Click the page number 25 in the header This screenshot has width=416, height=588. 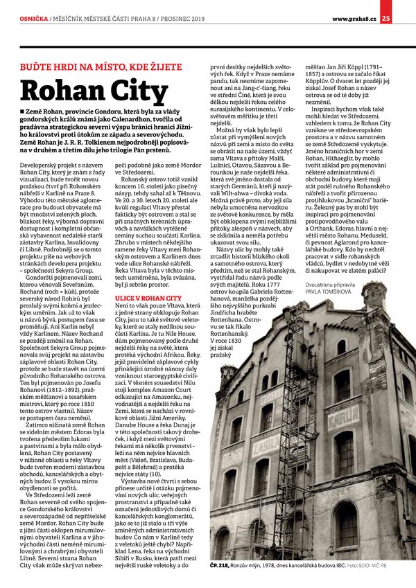[x=405, y=8]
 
